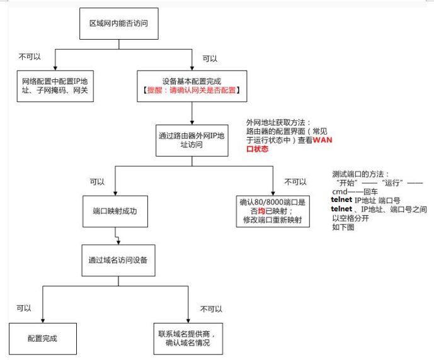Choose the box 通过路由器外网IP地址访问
click(x=191, y=139)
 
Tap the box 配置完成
click(x=42, y=338)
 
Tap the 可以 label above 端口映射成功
click(x=97, y=182)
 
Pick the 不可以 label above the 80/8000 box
click(x=296, y=182)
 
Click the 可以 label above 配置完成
click(x=24, y=308)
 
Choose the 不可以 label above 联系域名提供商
click(x=211, y=309)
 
